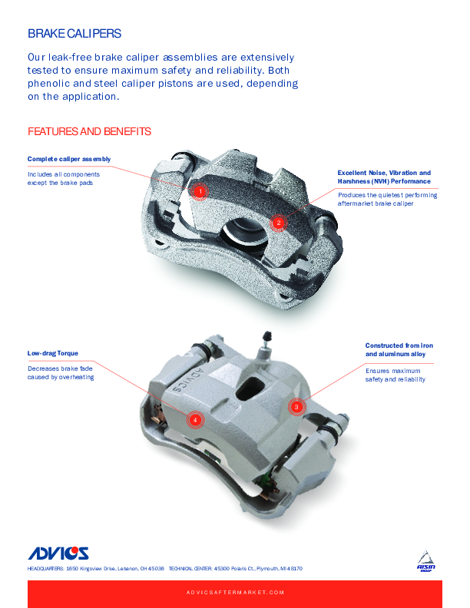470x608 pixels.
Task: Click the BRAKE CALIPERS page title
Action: [74, 34]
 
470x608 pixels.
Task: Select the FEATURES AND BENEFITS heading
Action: [89, 131]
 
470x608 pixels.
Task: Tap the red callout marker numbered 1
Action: [200, 191]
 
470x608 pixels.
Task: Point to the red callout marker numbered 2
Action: [279, 223]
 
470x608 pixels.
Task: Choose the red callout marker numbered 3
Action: [296, 407]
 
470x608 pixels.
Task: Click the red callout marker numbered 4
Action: [195, 420]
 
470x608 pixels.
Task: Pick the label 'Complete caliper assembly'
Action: [69, 159]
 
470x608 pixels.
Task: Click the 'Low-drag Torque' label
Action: [53, 353]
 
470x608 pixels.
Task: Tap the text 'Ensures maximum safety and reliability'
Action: [396, 375]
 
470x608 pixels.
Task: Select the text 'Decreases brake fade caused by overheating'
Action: [61, 372]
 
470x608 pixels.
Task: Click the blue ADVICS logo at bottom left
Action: [58, 553]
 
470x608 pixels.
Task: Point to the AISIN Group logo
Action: [425, 561]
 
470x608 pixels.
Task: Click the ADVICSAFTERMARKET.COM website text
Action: [235, 593]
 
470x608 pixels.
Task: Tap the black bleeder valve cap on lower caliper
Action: [266, 336]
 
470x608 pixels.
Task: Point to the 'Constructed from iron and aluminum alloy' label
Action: [399, 350]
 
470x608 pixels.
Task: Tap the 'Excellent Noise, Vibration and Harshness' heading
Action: [384, 177]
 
